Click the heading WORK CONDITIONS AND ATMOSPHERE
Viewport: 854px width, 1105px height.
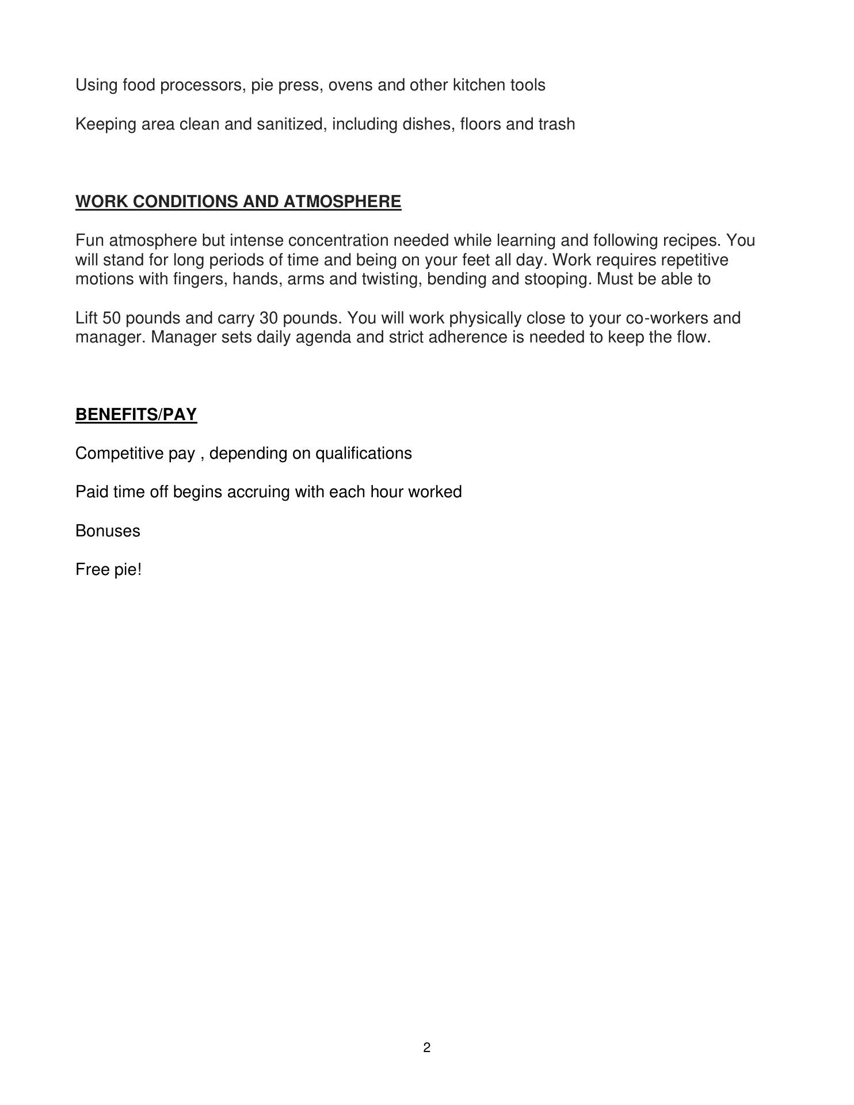[238, 202]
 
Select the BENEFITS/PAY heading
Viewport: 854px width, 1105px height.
[136, 415]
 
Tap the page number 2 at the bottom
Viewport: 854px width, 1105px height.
[426, 1047]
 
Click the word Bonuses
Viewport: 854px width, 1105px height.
[108, 531]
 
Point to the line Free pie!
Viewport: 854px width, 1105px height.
[108, 570]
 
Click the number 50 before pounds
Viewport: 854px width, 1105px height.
[110, 318]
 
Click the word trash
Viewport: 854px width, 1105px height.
[556, 124]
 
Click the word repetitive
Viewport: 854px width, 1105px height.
[694, 260]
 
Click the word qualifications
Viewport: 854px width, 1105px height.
[364, 454]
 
